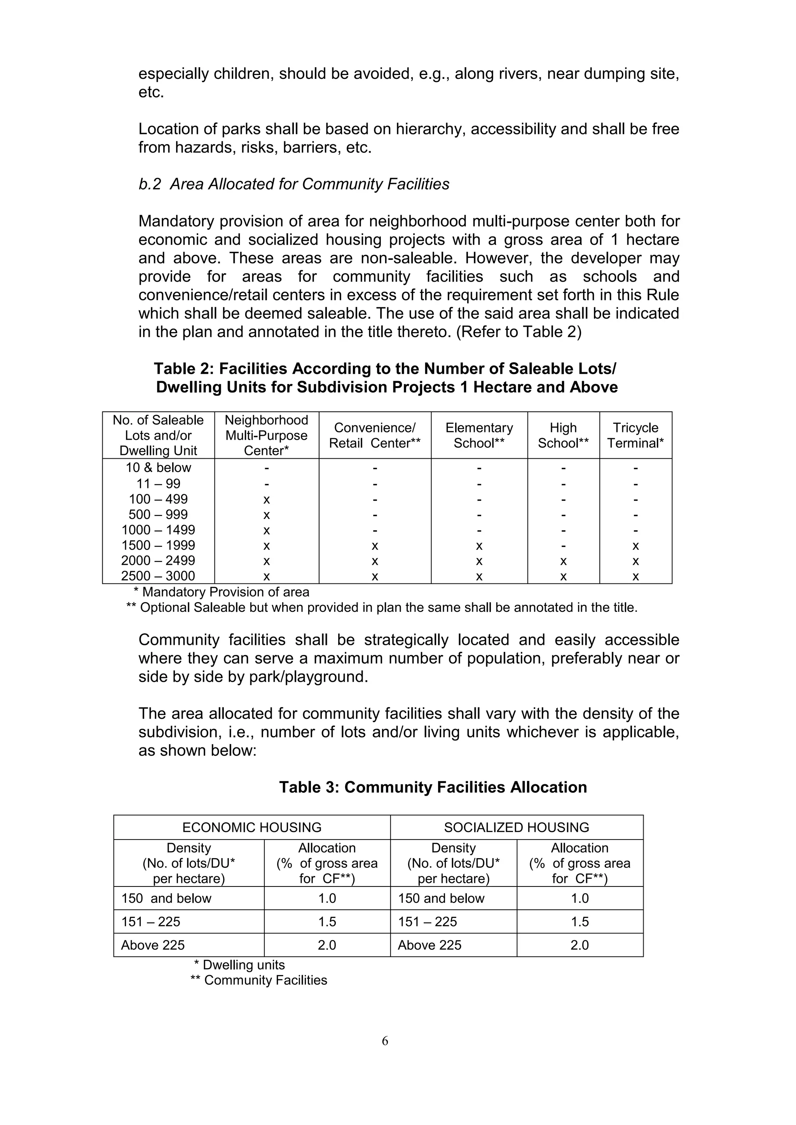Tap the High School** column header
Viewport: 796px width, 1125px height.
pos(563,435)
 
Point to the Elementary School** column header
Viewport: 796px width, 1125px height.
pos(479,435)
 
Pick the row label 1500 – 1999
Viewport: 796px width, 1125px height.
pos(158,545)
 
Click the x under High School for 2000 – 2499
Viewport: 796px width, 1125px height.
pos(563,561)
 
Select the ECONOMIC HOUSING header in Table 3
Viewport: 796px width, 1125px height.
pos(252,827)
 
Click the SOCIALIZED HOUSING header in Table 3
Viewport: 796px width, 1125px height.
pos(517,827)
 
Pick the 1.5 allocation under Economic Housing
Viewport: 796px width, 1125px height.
pos(327,922)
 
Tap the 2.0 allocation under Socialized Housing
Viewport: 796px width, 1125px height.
pos(580,945)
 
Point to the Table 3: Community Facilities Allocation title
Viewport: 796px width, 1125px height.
pos(433,787)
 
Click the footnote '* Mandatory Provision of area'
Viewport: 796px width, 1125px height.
pos(222,592)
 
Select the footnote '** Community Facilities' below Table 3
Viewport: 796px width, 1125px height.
pos(258,980)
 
